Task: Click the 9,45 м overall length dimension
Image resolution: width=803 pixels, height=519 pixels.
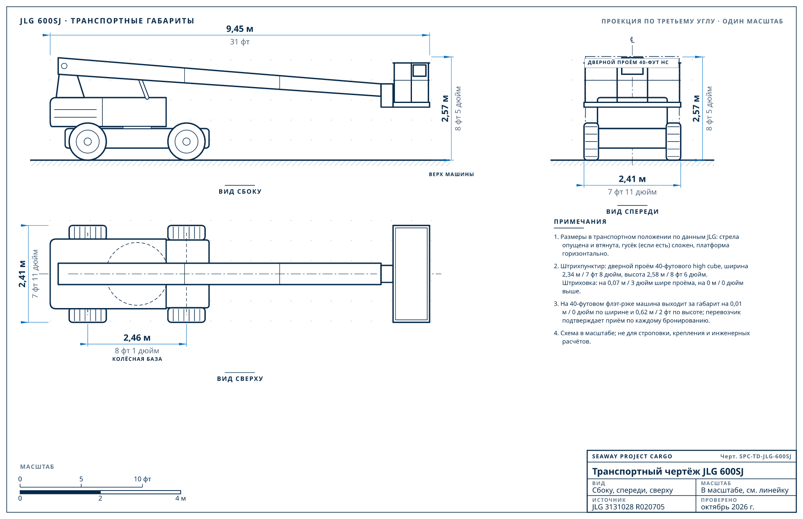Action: point(240,29)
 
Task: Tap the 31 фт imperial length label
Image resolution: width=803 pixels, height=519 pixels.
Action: point(240,42)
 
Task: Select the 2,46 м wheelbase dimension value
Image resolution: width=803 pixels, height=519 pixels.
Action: point(137,338)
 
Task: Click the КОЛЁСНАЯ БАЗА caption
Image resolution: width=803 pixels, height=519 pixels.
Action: point(137,359)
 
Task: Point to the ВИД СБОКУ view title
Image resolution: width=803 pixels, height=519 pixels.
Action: point(240,192)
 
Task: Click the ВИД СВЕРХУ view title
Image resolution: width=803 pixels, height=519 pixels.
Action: point(240,379)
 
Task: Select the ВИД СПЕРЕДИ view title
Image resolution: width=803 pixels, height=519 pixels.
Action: point(632,212)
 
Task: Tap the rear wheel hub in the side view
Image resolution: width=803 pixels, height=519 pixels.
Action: point(88,141)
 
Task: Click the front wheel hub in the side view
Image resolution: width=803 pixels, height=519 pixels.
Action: point(187,141)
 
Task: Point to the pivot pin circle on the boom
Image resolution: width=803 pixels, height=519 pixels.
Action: point(64,66)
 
